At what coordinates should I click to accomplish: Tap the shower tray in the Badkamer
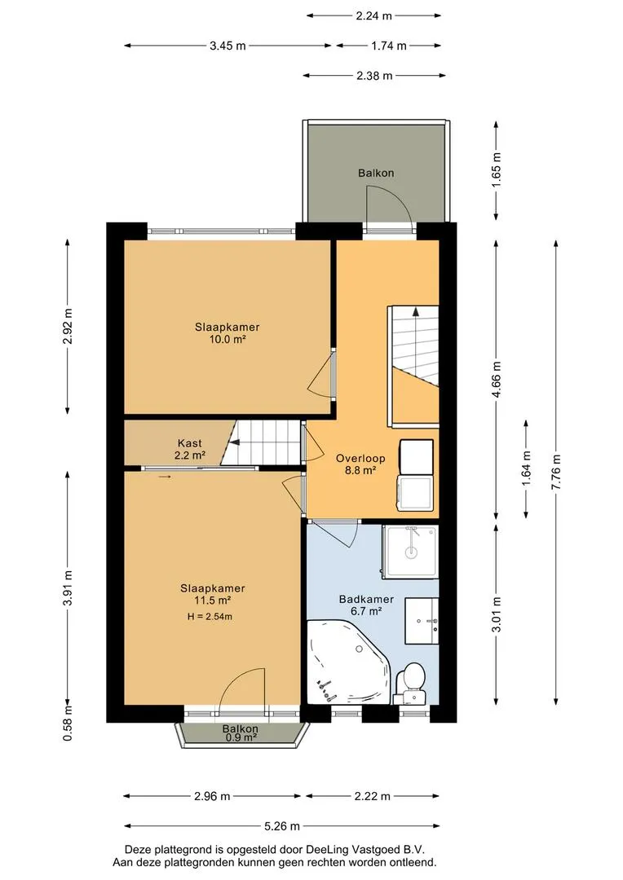[x=410, y=551]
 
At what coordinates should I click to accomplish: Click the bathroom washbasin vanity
[x=422, y=621]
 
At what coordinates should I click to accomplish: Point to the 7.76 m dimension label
[x=556, y=472]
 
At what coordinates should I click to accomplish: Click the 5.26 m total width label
[x=282, y=825]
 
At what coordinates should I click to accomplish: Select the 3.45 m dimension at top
[x=228, y=46]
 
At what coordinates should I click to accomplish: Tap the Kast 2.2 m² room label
[x=189, y=450]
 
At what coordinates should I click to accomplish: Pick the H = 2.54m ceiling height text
[x=210, y=617]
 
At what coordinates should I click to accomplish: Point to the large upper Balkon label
[x=376, y=173]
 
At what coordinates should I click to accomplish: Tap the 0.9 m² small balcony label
[x=241, y=738]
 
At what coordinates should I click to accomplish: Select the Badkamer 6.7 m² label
[x=366, y=605]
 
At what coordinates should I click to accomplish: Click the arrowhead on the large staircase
[x=416, y=311]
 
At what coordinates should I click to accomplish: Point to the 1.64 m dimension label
[x=527, y=469]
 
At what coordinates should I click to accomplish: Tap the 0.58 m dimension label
[x=68, y=726]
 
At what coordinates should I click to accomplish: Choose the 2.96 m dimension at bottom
[x=212, y=796]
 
